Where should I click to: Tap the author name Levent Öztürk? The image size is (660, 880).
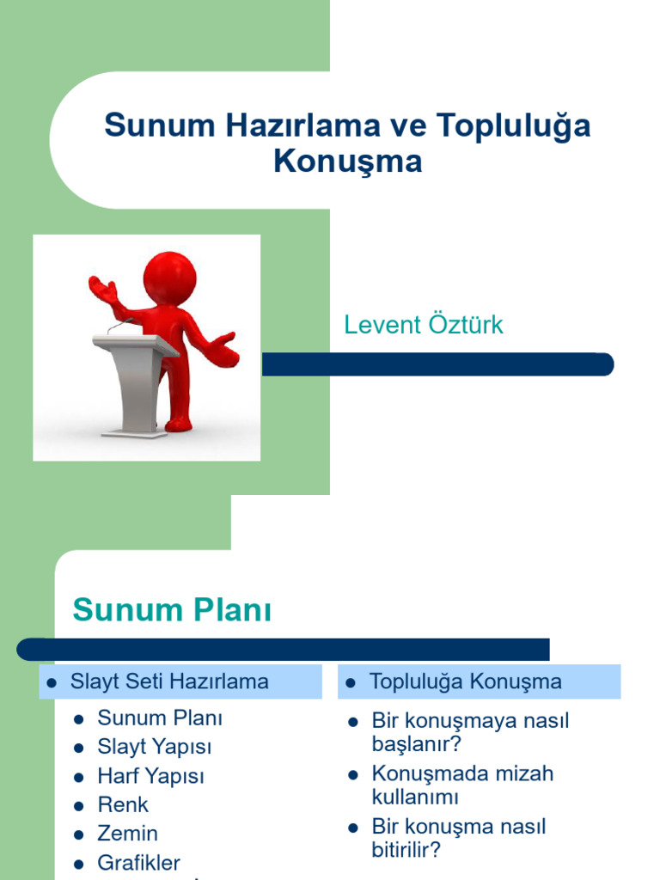coord(423,325)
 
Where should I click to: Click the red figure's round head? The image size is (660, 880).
coord(169,278)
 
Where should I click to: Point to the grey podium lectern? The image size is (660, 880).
coord(136,378)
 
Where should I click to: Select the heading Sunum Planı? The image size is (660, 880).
coord(172,610)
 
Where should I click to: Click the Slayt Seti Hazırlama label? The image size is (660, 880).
coord(169,682)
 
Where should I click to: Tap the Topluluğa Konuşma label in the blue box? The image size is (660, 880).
coord(465,682)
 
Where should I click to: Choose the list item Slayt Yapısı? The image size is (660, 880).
coord(155,746)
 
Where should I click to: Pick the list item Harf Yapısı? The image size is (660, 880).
coord(151,776)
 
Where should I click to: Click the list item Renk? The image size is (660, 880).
coord(123,805)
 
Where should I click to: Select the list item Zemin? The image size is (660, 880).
coord(127,834)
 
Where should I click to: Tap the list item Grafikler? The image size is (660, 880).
coord(139,863)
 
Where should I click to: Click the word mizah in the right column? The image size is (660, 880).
coord(523,773)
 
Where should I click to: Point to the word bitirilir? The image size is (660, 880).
coord(406,851)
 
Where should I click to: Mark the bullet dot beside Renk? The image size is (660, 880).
coord(79,806)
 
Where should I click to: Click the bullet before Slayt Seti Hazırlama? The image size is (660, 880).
coord(51,683)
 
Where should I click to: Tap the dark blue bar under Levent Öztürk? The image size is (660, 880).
coord(437,364)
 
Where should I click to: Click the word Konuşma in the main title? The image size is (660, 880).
coord(348,162)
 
